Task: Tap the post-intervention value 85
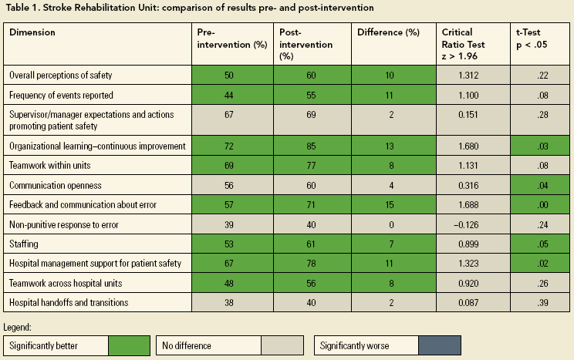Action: pos(312,146)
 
